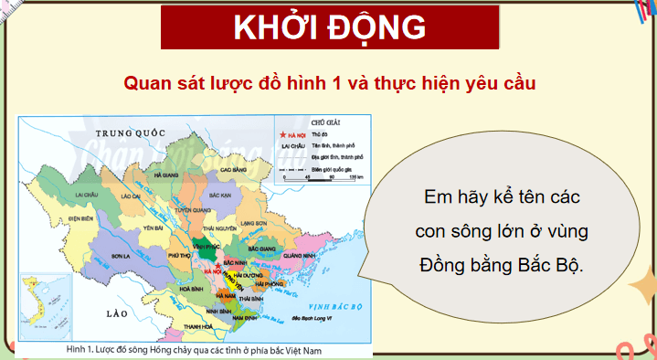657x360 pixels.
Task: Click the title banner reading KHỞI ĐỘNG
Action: (329, 28)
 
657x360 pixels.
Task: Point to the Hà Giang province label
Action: (166, 174)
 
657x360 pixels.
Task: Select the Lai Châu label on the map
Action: (86, 196)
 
